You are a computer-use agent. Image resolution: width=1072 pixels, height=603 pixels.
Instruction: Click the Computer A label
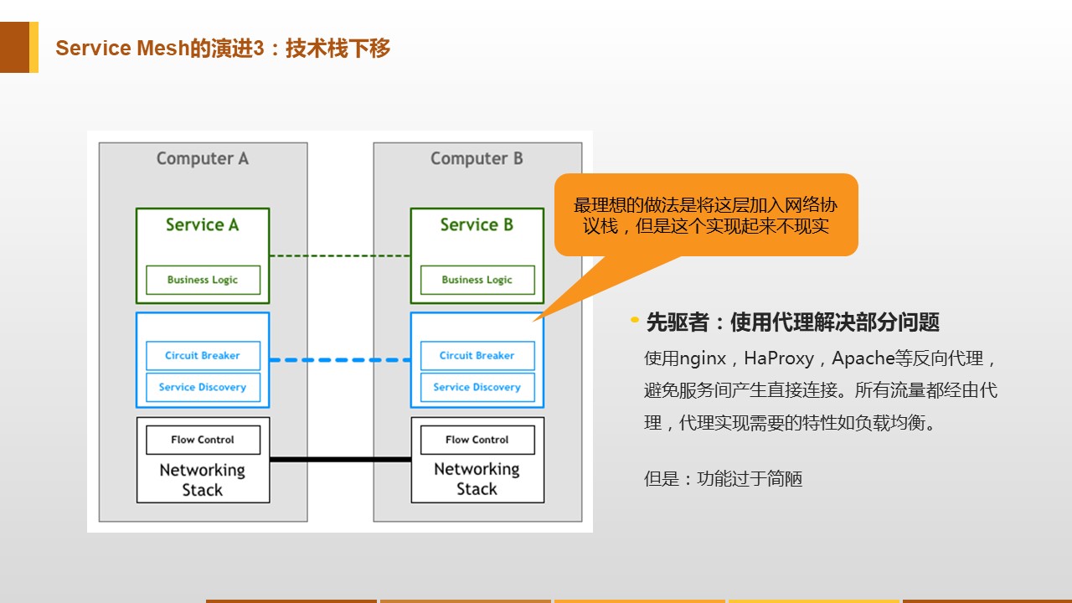203,158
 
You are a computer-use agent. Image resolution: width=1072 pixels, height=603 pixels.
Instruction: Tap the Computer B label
477,158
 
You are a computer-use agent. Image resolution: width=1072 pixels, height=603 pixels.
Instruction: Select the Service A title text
203,224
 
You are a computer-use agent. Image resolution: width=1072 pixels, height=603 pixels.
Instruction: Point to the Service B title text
477,224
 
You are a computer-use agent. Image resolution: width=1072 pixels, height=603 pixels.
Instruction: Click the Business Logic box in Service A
203,280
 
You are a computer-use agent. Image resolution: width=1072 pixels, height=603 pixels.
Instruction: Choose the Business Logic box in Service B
477,280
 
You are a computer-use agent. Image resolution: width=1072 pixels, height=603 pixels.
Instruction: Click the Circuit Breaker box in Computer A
203,356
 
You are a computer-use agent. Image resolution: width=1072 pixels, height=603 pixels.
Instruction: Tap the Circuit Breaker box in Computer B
477,356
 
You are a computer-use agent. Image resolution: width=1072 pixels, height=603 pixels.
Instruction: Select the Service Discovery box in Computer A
203,387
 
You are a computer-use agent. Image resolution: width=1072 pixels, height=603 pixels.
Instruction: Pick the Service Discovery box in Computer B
477,387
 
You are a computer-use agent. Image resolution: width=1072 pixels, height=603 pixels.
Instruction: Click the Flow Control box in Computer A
203,440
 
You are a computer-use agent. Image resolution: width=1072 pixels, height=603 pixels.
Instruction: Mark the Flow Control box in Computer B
477,440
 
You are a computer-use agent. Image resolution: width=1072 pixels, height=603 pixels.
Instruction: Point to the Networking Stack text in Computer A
203,480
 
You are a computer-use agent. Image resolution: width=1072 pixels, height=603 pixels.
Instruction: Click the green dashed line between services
340,256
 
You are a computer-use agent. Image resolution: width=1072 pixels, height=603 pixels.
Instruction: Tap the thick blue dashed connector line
340,360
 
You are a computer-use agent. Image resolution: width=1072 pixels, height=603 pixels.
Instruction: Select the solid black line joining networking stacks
340,460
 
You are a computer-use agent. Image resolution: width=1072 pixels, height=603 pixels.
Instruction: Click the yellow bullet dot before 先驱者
635,320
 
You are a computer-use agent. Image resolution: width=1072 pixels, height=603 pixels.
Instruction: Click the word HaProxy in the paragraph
779,358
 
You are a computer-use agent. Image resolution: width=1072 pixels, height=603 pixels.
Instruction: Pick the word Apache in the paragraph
863,358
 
